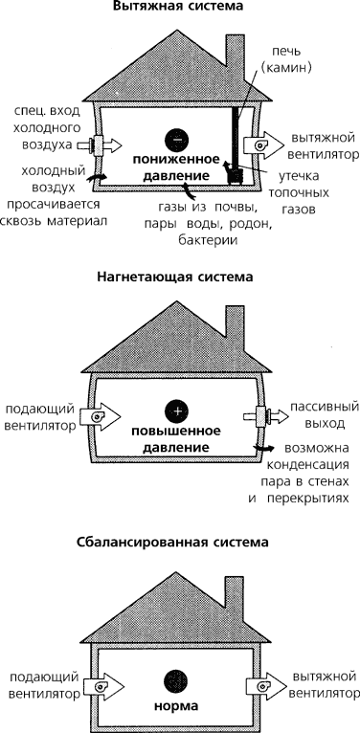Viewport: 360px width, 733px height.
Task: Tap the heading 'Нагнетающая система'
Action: tap(175, 277)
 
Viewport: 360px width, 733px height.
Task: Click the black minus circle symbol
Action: tap(176, 139)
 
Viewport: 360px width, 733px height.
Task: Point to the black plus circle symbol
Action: tap(176, 411)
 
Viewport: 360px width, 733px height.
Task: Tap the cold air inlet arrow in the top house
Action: tap(100, 145)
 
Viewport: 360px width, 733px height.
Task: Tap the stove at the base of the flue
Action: tap(235, 176)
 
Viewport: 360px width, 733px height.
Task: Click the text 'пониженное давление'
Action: tap(176, 167)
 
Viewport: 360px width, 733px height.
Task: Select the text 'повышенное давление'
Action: tap(176, 439)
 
